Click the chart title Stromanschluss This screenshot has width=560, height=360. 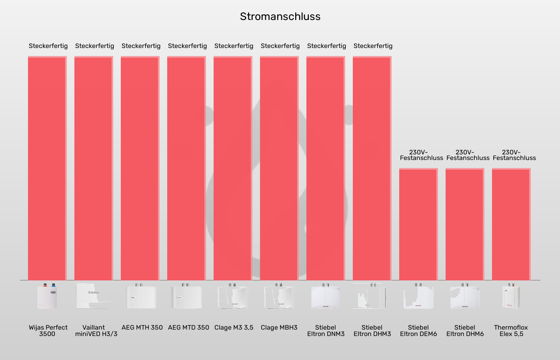[280, 16]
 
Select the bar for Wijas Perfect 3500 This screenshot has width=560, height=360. [47, 168]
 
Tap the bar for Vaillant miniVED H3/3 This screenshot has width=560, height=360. [94, 168]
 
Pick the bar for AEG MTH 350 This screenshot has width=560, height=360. [140, 168]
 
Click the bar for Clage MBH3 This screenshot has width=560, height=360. [279, 168]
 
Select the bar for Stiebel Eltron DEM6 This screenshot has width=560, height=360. [418, 224]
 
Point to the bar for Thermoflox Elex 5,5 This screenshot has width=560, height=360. [511, 224]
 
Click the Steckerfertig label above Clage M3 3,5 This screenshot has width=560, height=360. [234, 46]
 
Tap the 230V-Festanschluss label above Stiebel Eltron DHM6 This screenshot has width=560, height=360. [468, 155]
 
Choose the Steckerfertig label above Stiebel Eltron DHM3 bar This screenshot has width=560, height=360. [373, 46]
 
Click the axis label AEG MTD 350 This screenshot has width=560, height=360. [188, 328]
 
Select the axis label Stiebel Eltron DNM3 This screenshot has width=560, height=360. [326, 331]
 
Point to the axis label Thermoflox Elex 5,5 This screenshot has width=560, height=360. [511, 331]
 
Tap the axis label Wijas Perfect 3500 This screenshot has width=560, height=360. [48, 331]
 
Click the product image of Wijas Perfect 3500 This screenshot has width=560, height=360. [47, 296]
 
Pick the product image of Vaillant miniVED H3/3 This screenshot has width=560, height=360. [94, 296]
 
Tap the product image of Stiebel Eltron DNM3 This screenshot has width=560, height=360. [326, 296]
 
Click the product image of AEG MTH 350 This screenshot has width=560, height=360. [140, 296]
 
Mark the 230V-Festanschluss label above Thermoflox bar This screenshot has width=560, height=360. [514, 155]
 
